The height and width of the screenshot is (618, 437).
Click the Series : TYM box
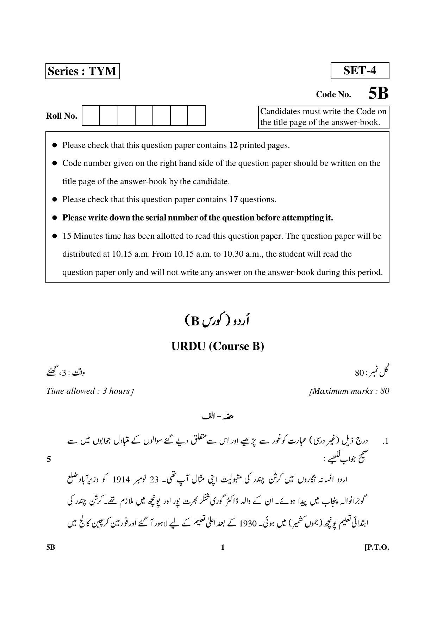[82, 71]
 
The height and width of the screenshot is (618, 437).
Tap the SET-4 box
[360, 70]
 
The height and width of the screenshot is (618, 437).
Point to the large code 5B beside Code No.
[378, 94]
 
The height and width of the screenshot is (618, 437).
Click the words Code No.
[333, 94]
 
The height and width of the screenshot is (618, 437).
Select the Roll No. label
[62, 116]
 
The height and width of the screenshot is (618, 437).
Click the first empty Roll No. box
[91, 116]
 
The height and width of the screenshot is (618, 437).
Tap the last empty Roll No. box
[196, 116]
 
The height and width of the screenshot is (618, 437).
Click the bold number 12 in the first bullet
[233, 145]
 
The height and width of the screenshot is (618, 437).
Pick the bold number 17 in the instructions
[233, 199]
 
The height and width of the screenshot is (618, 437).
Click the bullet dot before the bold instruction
[55, 218]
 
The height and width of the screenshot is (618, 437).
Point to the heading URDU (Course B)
[218, 346]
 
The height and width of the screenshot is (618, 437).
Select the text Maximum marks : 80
[350, 391]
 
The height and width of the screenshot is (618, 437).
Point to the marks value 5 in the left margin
[49, 459]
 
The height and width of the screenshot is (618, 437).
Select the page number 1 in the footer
[222, 547]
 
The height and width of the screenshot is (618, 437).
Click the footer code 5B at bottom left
[51, 547]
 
